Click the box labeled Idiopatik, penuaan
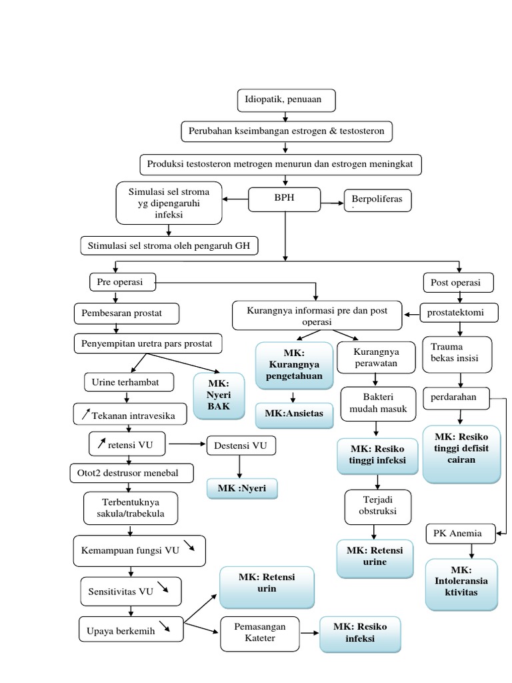click(286, 100)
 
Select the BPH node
click(285, 199)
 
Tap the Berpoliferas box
click(378, 200)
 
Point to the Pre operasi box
click(124, 282)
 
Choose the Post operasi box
click(458, 282)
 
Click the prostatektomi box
click(461, 311)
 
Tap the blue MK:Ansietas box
click(294, 414)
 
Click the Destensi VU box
click(241, 445)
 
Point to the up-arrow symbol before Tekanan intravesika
click(85, 415)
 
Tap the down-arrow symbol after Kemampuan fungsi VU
click(190, 547)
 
